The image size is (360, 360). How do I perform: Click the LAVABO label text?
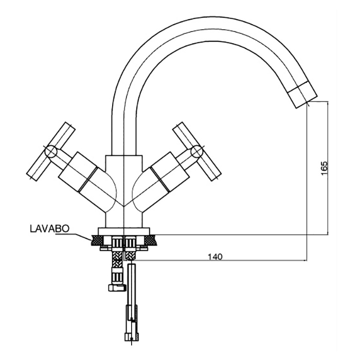tap(49, 228)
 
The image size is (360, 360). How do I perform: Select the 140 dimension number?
tap(215, 257)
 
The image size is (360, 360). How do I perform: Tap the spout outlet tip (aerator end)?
tap(303, 98)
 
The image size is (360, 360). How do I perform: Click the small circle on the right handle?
tap(197, 152)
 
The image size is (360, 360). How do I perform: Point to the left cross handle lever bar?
tap(51, 152)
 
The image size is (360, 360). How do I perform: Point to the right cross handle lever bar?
tap(197, 151)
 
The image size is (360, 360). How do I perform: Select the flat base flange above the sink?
tap(124, 231)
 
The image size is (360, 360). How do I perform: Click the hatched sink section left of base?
tap(96, 240)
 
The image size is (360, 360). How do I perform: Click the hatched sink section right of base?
tap(152, 240)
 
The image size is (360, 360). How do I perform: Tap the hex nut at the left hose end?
tap(116, 287)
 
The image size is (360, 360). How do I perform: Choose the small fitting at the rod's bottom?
tap(132, 336)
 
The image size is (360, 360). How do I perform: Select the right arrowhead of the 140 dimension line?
tap(305, 260)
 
